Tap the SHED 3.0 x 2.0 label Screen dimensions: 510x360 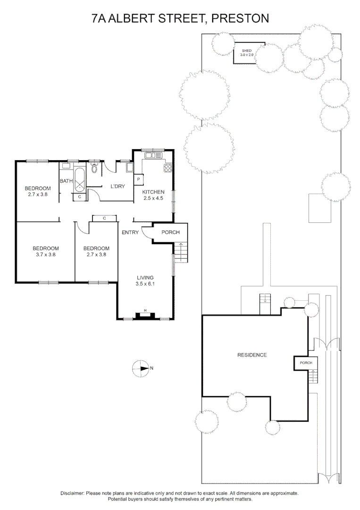(247, 52)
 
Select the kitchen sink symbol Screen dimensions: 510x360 (153, 155)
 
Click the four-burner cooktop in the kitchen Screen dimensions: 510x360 (168, 168)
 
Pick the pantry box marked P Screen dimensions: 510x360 (139, 179)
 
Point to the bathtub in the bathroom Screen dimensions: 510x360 (80, 179)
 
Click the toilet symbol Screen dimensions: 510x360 (94, 169)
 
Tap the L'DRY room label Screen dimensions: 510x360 (117, 186)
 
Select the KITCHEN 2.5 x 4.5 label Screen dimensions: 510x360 (154, 195)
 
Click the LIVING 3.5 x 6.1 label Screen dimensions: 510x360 (145, 280)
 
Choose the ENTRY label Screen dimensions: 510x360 (130, 232)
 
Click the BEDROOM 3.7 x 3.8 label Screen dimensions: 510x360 (45, 251)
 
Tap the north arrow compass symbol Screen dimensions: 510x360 (141, 367)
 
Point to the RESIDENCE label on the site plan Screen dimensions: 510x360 (252, 355)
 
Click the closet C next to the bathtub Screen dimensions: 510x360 (79, 196)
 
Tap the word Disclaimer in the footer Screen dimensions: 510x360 (72, 493)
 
